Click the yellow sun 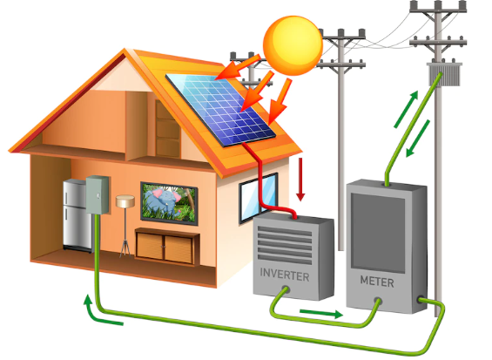(x=293, y=45)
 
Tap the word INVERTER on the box (x=285, y=275)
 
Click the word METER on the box (x=377, y=282)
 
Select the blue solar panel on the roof (x=220, y=110)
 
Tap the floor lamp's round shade (x=125, y=201)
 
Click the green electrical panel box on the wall (x=98, y=194)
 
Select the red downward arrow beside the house (x=300, y=179)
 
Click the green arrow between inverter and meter (x=321, y=313)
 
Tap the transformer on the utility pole (x=444, y=74)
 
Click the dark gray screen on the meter (x=378, y=233)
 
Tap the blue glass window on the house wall (x=259, y=198)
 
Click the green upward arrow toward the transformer (x=406, y=109)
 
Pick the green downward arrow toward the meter (x=418, y=139)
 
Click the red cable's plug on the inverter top (x=294, y=216)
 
